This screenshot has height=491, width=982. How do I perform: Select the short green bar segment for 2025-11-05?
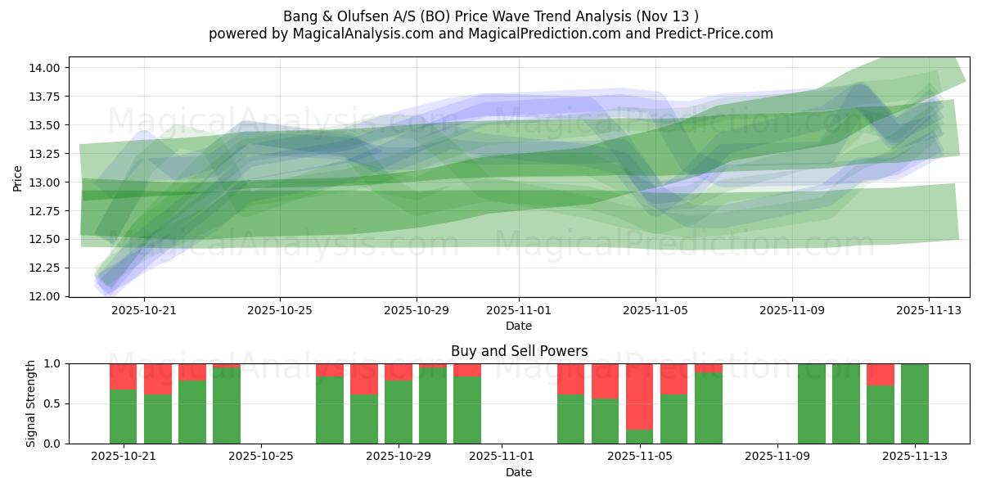coord(640,436)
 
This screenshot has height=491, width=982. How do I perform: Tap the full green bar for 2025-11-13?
coord(914,403)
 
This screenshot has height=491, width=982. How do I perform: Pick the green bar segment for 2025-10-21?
coord(123,417)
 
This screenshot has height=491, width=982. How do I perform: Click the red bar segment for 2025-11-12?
coord(880,374)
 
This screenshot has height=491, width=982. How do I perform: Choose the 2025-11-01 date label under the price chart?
coord(519,311)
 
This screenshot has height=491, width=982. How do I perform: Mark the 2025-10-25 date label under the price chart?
coord(280,311)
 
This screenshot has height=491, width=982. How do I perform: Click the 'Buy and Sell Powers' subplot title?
coord(519,351)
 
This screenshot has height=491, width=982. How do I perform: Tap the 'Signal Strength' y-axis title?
coord(31,403)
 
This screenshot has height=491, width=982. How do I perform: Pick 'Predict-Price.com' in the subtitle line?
coord(717,34)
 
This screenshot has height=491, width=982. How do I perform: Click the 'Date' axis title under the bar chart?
coord(519,472)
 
